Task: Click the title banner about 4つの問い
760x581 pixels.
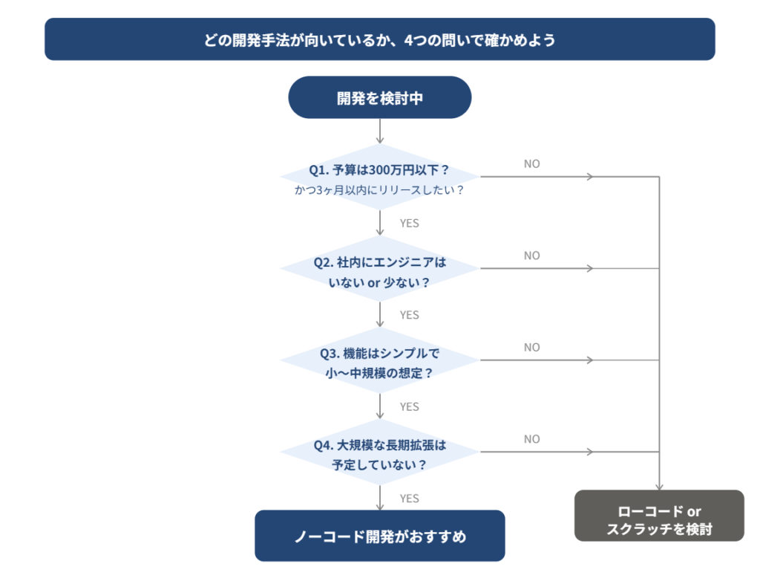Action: click(x=379, y=39)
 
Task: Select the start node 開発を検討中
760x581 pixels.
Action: click(x=379, y=97)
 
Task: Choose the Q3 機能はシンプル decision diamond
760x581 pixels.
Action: click(x=379, y=360)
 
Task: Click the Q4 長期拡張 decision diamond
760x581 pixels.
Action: click(x=379, y=452)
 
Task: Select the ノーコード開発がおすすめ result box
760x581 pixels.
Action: click(x=379, y=536)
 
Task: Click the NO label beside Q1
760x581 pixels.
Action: click(x=532, y=163)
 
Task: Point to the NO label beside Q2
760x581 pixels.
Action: click(x=532, y=256)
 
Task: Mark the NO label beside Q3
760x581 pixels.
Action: click(x=532, y=347)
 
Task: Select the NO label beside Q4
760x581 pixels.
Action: click(x=532, y=439)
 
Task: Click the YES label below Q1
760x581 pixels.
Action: click(x=409, y=223)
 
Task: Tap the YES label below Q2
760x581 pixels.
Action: click(x=409, y=315)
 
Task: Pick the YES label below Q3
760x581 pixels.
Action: click(x=409, y=406)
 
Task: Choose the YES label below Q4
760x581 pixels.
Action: click(x=409, y=498)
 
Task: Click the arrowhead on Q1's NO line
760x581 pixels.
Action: click(x=590, y=177)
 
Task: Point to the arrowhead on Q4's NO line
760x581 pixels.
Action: click(x=590, y=452)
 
